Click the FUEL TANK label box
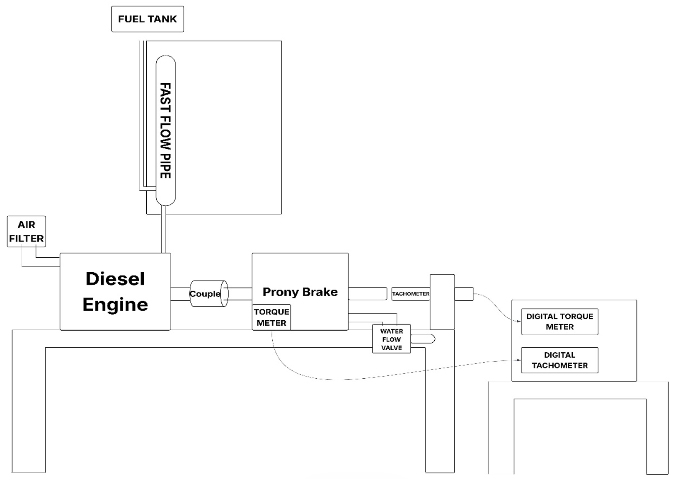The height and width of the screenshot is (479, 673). (x=148, y=19)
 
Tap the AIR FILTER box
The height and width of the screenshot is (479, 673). (x=26, y=232)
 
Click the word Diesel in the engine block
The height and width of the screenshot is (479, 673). (x=115, y=279)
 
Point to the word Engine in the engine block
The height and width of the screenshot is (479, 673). (x=115, y=305)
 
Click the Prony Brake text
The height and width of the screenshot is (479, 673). (x=300, y=292)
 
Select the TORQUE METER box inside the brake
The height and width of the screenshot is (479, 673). (x=271, y=317)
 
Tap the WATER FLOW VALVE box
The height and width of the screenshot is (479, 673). (x=391, y=339)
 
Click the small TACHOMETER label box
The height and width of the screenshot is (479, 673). (x=411, y=294)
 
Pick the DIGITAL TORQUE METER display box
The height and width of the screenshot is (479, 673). (x=559, y=322)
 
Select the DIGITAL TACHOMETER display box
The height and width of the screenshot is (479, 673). (x=559, y=360)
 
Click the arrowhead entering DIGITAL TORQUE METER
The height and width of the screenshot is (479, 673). (x=519, y=321)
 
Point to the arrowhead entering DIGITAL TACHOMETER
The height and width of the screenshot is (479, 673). (x=519, y=360)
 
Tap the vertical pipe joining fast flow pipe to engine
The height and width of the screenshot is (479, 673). (x=164, y=229)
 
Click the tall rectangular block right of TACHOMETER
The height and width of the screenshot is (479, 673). (x=442, y=302)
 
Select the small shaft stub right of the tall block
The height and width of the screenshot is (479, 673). (x=464, y=294)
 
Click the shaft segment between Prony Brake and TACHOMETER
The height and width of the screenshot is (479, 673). (x=368, y=293)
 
